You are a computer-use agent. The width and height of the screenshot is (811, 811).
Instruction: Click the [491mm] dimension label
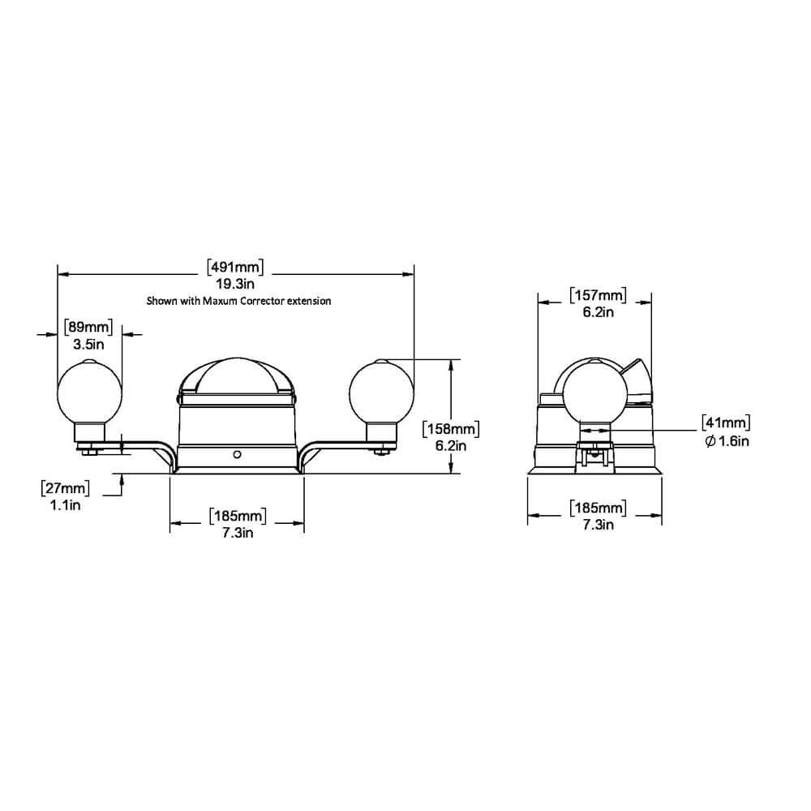pos(235,268)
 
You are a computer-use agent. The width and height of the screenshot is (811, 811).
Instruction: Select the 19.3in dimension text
pos(235,284)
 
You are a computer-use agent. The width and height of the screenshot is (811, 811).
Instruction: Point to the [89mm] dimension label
pos(88,328)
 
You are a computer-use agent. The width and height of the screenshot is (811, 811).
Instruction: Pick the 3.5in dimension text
pos(88,345)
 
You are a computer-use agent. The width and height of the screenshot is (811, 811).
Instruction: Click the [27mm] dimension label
pos(65,487)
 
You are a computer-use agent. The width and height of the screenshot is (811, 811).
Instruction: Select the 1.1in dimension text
pos(65,504)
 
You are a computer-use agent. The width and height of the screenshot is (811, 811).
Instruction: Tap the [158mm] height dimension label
pos(450,429)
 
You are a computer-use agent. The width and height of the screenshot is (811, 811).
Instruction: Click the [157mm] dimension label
pos(598,295)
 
